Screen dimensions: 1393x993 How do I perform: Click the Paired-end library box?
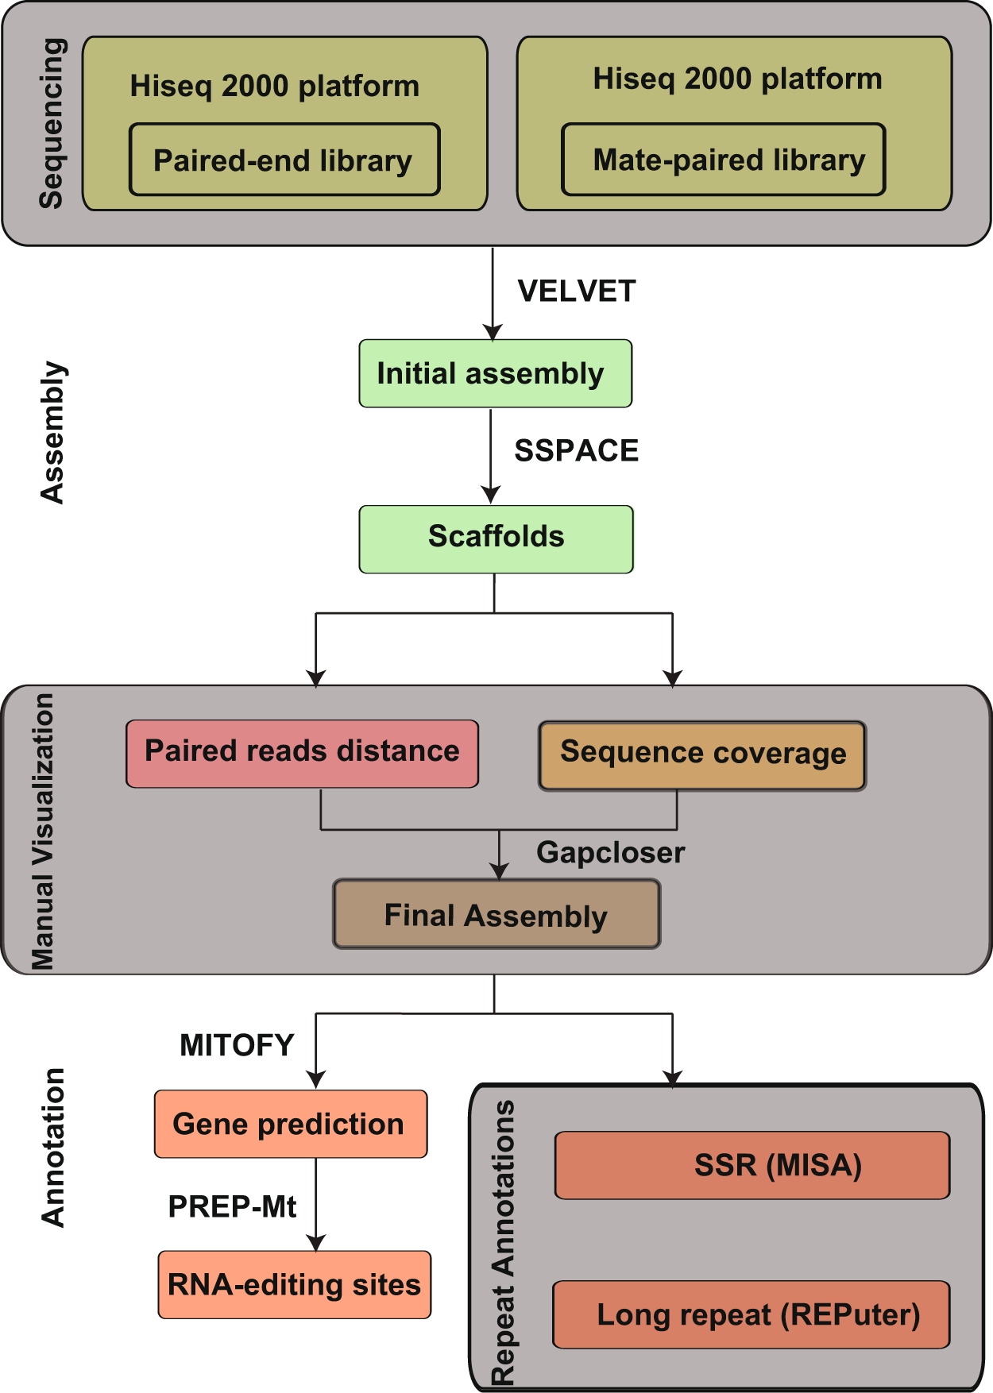coord(284,160)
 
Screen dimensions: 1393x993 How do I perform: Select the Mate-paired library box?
coord(723,160)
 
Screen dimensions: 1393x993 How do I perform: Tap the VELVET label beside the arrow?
coord(576,291)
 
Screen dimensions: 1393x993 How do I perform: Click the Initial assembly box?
coord(495,373)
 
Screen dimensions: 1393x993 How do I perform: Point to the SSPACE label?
coord(576,450)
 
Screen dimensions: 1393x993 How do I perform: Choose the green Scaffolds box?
coord(496,538)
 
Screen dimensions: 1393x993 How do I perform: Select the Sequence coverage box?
coord(702,755)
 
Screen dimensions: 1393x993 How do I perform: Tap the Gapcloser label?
coord(610,852)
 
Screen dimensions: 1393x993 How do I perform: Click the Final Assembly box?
coord(496,913)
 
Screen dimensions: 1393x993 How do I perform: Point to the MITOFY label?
coord(237,1045)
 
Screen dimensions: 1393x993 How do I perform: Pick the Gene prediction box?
coord(291,1124)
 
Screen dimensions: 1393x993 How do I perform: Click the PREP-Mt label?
coord(232,1207)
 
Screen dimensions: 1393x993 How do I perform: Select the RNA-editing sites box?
coord(294,1284)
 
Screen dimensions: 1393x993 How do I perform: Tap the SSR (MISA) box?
coord(752,1165)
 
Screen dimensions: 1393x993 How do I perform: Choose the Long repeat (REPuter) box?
coord(751,1314)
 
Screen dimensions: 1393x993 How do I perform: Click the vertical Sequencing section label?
coord(51,123)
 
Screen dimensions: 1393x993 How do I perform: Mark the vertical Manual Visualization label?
coord(43,831)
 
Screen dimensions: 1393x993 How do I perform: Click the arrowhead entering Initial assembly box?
coord(493,332)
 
